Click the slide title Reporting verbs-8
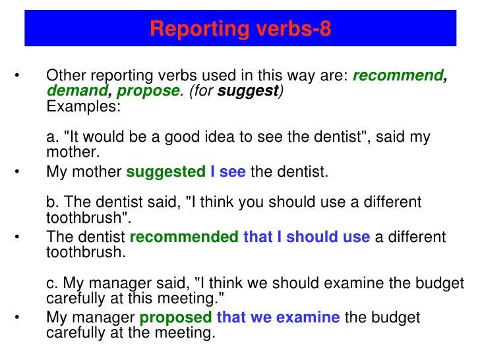[x=240, y=29]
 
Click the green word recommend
[x=399, y=75]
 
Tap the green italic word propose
[x=148, y=91]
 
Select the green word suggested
[x=165, y=172]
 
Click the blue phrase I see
[x=227, y=172]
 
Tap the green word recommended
[x=184, y=237]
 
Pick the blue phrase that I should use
[x=307, y=237]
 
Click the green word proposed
[x=175, y=317]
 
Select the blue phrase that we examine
[x=278, y=317]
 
